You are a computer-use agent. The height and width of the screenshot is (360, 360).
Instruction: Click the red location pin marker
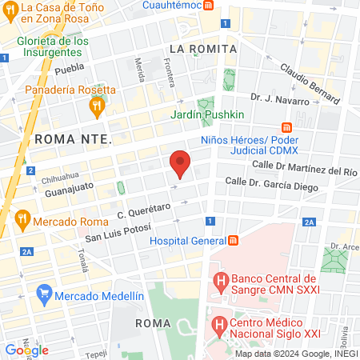181,163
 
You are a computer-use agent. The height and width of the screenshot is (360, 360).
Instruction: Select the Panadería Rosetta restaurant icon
98,104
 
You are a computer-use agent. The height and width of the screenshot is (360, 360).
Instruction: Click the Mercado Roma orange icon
22,217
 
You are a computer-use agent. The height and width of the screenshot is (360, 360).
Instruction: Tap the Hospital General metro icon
233,241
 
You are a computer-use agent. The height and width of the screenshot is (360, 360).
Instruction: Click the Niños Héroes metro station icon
287,128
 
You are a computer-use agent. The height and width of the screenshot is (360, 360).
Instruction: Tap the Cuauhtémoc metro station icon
208,5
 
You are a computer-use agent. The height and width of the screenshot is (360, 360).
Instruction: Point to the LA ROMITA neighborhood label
203,49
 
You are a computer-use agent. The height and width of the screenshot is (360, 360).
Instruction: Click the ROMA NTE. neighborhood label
72,139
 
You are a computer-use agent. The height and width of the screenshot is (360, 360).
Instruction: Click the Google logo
26,350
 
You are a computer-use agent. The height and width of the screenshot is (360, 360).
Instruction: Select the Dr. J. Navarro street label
279,98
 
